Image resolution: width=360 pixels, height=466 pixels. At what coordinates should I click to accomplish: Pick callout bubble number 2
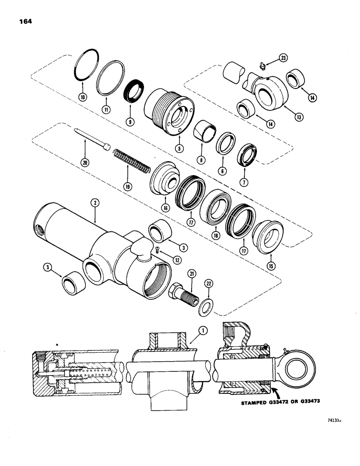tap(95, 203)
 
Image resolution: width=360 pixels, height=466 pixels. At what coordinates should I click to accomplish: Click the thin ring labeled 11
tap(111, 84)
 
